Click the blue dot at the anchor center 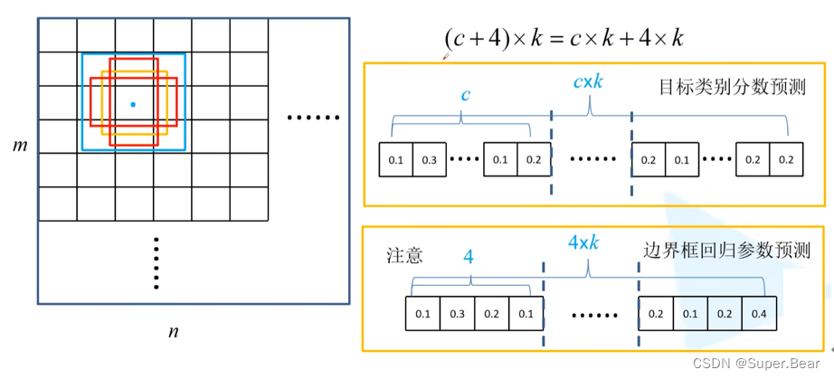tap(133, 105)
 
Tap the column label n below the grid tap(173, 331)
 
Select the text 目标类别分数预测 tap(734, 89)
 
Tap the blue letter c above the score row tap(465, 94)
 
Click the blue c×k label tap(588, 81)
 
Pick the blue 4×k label tap(585, 243)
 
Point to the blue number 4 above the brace tap(469, 257)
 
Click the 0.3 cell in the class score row tap(429, 159)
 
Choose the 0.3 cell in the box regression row tap(457, 314)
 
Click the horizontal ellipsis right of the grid tap(312, 118)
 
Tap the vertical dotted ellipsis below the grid tap(156, 262)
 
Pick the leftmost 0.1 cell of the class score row tap(396, 159)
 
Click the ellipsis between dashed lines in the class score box tap(592, 159)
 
